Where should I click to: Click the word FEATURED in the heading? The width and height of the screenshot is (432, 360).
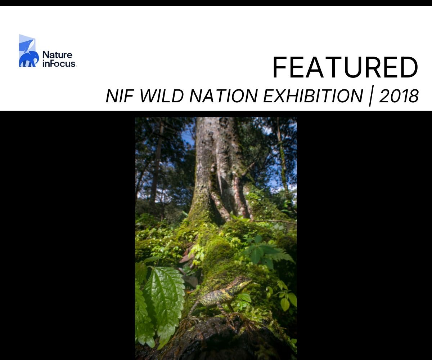coord(345,68)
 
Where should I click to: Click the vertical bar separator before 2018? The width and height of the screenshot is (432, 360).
coord(371,96)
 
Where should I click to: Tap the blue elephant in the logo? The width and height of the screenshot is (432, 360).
coord(28,59)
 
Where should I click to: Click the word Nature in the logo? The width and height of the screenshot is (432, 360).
coord(57,55)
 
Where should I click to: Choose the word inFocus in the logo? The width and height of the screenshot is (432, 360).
coord(59,63)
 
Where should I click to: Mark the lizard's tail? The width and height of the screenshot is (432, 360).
coord(193,310)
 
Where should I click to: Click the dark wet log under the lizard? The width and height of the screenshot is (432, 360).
coord(216,342)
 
